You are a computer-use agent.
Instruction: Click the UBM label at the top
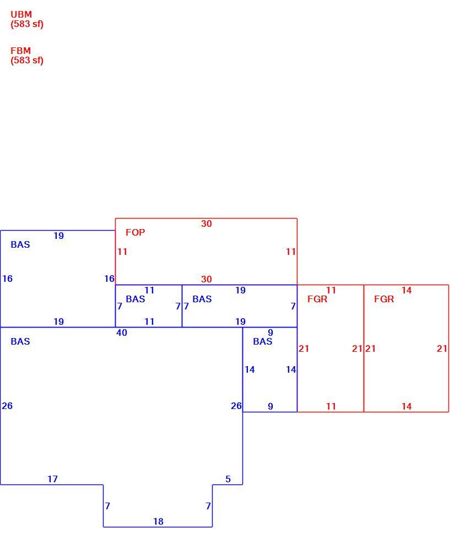pos(21,15)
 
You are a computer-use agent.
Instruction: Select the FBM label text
pos(20,51)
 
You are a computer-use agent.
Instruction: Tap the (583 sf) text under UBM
pos(27,24)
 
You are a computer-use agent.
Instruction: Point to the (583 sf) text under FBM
pos(27,61)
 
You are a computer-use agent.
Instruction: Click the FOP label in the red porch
pos(136,232)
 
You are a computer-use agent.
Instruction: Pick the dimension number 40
pos(122,333)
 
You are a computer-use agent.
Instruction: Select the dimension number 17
pos(52,479)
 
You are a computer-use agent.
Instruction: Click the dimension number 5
pos(228,479)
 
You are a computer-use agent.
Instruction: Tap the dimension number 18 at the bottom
pos(158,521)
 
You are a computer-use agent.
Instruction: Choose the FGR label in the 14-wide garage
pos(384,299)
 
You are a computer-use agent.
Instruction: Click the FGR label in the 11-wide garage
pos(317,299)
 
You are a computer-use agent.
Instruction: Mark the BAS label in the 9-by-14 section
pos(263,341)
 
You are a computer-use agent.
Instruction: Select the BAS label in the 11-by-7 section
pos(136,299)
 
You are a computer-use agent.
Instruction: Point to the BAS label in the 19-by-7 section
pos(202,299)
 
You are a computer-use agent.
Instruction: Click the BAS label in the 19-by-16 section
pos(20,244)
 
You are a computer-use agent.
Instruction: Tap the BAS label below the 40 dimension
pos(20,341)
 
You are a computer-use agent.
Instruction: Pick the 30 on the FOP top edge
pos(206,224)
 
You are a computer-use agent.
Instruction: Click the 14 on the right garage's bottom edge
pos(407,406)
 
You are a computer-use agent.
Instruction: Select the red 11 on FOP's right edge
pos(291,252)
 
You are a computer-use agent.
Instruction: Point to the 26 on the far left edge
pos(7,406)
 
